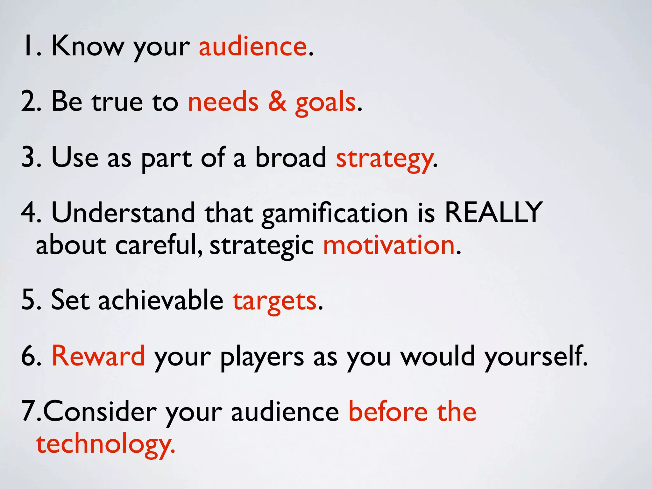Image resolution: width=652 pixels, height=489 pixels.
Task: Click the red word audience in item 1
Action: click(x=253, y=47)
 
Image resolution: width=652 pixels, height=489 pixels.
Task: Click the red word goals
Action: click(x=325, y=103)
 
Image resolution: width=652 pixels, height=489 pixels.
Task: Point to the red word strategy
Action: click(x=384, y=158)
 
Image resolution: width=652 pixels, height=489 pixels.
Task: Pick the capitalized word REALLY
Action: click(x=493, y=212)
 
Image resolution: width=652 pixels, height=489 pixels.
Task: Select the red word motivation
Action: click(x=389, y=245)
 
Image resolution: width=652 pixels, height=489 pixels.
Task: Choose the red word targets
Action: click(x=275, y=301)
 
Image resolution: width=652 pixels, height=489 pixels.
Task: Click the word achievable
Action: click(x=161, y=300)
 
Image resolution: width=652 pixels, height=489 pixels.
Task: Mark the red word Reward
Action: click(x=98, y=356)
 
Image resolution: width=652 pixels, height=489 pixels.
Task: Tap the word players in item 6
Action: click(x=262, y=357)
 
